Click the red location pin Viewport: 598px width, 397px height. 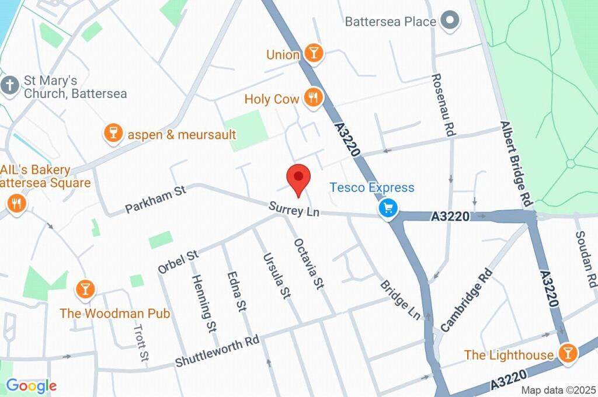pos(298,177)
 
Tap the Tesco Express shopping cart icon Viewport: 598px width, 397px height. pos(388,208)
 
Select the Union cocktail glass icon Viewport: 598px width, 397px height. pos(314,54)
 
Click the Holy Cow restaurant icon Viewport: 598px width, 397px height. pos(314,98)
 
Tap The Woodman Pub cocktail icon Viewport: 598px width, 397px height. pos(85,288)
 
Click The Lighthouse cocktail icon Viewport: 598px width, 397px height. pos(566,353)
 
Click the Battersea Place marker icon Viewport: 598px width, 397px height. pos(450,21)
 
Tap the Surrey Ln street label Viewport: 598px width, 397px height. pos(294,209)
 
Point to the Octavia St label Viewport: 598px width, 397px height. pos(309,264)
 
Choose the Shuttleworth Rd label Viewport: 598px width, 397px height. pos(217,352)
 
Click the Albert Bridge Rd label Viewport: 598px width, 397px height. pos(517,164)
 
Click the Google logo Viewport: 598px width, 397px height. pos(31,386)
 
